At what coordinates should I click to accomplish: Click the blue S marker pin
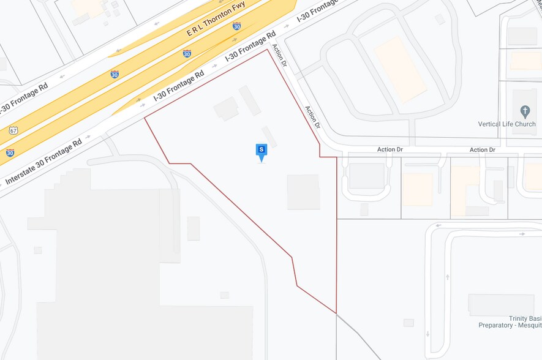click(262, 151)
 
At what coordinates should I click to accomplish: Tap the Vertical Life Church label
click(506, 124)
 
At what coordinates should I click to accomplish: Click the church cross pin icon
click(525, 111)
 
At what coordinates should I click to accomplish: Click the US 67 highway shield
click(13, 130)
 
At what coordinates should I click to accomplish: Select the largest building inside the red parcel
click(304, 192)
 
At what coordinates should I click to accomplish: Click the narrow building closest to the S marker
click(269, 137)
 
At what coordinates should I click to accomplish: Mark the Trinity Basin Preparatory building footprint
click(501, 305)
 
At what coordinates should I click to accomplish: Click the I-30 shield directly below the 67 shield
click(10, 152)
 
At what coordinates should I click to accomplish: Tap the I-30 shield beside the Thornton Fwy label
click(236, 26)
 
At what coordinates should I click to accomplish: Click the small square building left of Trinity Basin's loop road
click(408, 323)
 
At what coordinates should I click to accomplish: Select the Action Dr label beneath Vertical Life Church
click(483, 149)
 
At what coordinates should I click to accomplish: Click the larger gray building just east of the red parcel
click(366, 176)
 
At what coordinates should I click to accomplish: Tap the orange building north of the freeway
click(88, 7)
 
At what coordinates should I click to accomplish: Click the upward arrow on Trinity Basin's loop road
click(448, 277)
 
